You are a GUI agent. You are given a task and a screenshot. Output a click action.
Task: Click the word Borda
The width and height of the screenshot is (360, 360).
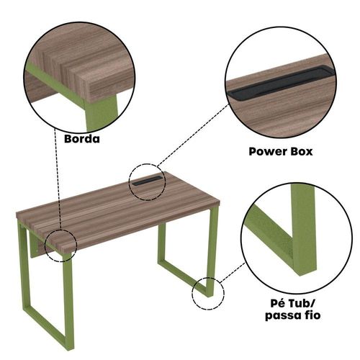(x=82, y=139)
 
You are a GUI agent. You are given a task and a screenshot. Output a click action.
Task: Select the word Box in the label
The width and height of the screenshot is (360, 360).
(x=302, y=152)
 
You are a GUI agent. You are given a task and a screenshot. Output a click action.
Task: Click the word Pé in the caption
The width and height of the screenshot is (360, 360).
(x=278, y=303)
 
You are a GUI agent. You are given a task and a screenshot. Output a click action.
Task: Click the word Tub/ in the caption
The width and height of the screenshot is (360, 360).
(x=302, y=304)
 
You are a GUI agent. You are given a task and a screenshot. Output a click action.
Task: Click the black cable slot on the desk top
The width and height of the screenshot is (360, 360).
(x=147, y=181)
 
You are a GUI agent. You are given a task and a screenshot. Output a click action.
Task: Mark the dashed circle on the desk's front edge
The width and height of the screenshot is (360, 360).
(x=45, y=246)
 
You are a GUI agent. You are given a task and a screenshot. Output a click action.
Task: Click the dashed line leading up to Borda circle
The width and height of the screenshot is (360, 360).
(x=58, y=178)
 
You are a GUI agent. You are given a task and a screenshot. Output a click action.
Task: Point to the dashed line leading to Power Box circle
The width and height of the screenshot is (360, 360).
(x=192, y=135)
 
